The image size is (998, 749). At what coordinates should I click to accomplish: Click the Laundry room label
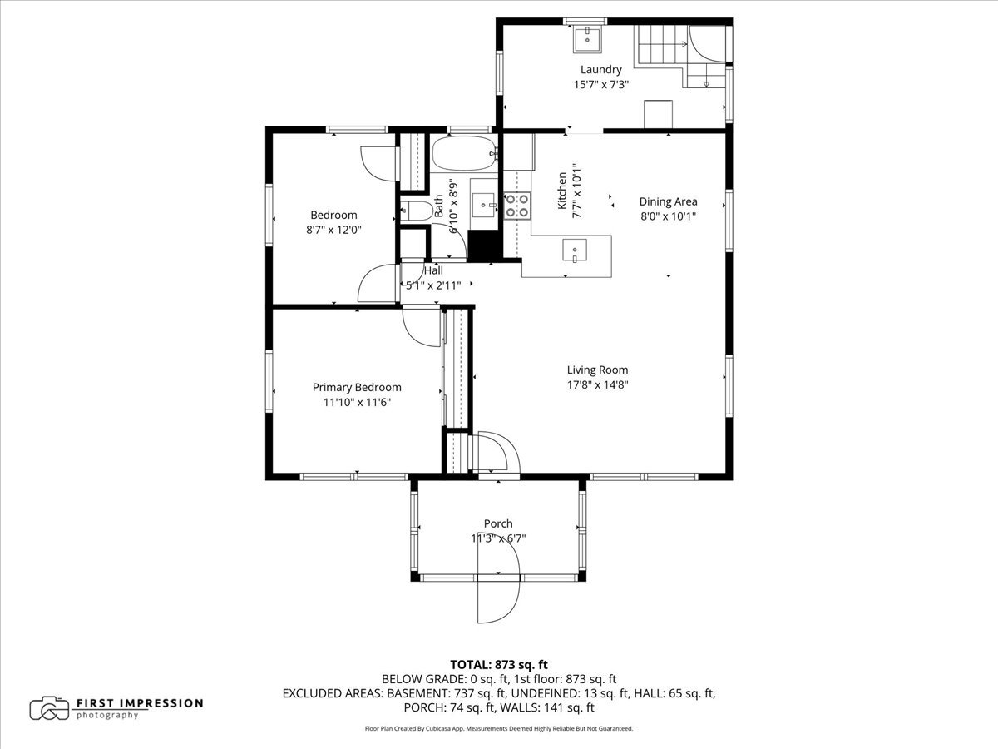600,70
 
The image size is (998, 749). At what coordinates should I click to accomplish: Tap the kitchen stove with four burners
517,206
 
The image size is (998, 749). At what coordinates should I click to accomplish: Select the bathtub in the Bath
464,154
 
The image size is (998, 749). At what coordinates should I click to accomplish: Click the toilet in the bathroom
417,211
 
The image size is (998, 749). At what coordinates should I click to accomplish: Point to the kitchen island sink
575,250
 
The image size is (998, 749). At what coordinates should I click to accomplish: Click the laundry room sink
587,40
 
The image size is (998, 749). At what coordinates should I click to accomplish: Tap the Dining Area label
668,201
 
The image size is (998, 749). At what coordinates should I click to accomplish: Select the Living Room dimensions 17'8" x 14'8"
597,384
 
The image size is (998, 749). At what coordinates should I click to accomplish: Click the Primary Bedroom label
357,388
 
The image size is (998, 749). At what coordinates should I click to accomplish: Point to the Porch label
498,523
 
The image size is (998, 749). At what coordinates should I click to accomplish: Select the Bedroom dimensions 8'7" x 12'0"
333,230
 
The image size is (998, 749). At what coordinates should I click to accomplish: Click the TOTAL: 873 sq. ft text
499,664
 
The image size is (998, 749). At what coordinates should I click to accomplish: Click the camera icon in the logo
50,708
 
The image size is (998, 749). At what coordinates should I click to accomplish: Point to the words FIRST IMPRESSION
140,703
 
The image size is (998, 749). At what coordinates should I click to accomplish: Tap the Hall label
433,270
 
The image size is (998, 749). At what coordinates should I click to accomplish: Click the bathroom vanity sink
483,205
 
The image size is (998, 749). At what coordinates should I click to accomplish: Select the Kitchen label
562,191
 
